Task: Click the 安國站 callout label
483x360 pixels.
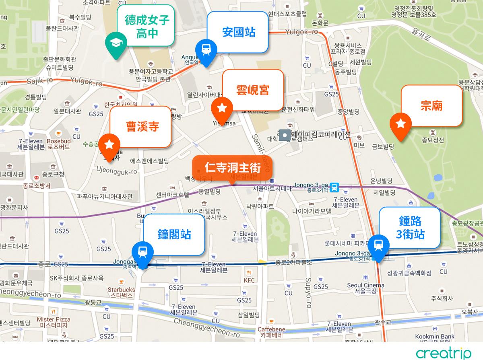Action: (238, 32)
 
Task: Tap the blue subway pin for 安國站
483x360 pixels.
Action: (206, 49)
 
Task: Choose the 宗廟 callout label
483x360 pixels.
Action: (431, 105)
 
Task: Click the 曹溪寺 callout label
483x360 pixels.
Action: (142, 127)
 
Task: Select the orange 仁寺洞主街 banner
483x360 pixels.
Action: (232, 167)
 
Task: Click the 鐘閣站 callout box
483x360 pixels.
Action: (174, 234)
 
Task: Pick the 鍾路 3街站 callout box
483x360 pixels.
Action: (410, 227)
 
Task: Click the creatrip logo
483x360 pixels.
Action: (444, 353)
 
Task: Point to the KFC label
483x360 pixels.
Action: (249, 280)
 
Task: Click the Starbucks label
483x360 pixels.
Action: (121, 289)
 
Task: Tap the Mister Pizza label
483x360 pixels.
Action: (51, 319)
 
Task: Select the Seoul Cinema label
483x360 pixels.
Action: (365, 285)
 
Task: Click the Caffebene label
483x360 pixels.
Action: (271, 329)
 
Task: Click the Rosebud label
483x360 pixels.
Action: (58, 141)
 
